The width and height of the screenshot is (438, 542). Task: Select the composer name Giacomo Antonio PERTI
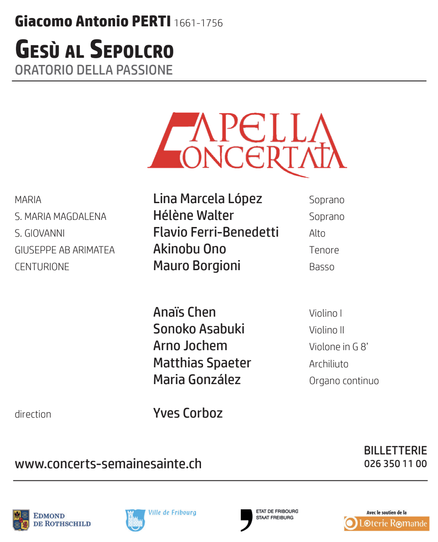pyautogui.click(x=93, y=21)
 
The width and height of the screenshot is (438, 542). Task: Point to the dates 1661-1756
pyautogui.click(x=198, y=23)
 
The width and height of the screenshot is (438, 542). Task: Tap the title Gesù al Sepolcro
pyautogui.click(x=94, y=49)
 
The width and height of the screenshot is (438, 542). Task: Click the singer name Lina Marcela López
pyautogui.click(x=207, y=199)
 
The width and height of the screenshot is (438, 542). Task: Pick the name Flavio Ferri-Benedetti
pyautogui.click(x=216, y=232)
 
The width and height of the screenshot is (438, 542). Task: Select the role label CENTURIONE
pyautogui.click(x=42, y=267)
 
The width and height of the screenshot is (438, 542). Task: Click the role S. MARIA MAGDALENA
pyautogui.click(x=60, y=217)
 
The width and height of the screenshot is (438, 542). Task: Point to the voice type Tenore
pyautogui.click(x=324, y=250)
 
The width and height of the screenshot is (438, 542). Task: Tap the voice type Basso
pyautogui.click(x=322, y=267)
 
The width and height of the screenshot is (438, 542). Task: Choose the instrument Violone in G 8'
pyautogui.click(x=338, y=347)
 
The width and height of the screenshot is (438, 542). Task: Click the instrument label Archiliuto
pyautogui.click(x=329, y=364)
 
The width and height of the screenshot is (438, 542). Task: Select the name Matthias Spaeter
pyautogui.click(x=202, y=363)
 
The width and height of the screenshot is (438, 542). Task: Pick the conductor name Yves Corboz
pyautogui.click(x=188, y=413)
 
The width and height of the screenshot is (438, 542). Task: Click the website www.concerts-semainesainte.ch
pyautogui.click(x=108, y=464)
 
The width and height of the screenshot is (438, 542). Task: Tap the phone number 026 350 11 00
pyautogui.click(x=395, y=464)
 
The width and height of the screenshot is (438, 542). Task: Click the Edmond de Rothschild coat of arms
pyautogui.click(x=21, y=520)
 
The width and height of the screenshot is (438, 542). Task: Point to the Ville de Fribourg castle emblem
pyautogui.click(x=135, y=520)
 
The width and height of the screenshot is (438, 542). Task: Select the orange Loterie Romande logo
pyautogui.click(x=386, y=523)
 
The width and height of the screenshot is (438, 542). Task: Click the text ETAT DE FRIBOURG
pyautogui.click(x=277, y=511)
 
